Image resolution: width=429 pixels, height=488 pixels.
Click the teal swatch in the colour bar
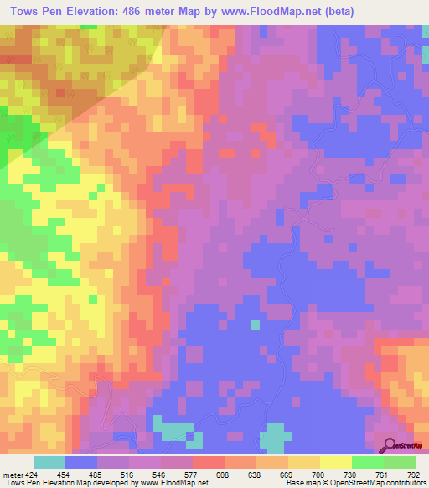[x=49, y=462]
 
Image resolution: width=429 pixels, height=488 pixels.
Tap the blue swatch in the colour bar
[x=81, y=462]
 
